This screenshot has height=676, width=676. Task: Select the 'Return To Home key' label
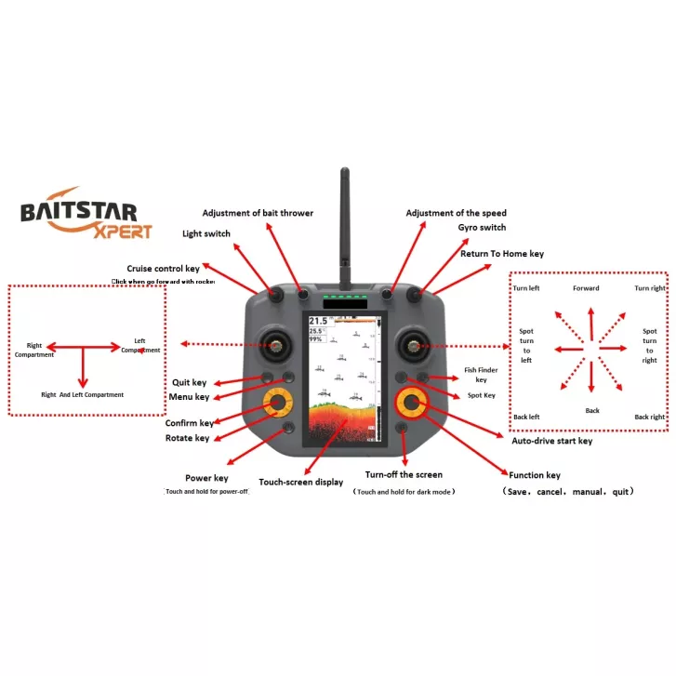coord(502,253)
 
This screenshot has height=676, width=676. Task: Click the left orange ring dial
coord(276,402)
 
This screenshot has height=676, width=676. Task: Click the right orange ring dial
coord(410,402)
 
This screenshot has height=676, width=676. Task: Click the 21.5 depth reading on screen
coord(318,322)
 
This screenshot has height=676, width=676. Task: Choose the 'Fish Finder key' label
coord(481,374)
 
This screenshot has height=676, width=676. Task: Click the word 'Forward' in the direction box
coord(586,288)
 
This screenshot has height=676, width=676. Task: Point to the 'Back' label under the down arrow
coord(592,411)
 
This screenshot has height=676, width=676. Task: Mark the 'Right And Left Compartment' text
coord(83,394)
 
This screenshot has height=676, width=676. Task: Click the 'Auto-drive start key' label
coord(551,441)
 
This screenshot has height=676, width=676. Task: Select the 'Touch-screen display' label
coord(300,482)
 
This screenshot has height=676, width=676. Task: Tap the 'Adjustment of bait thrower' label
coord(258,213)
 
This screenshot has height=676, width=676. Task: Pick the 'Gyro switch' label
coord(482,227)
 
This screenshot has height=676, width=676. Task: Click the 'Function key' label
coord(534,475)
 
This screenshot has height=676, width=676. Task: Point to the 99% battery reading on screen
coord(316,340)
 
